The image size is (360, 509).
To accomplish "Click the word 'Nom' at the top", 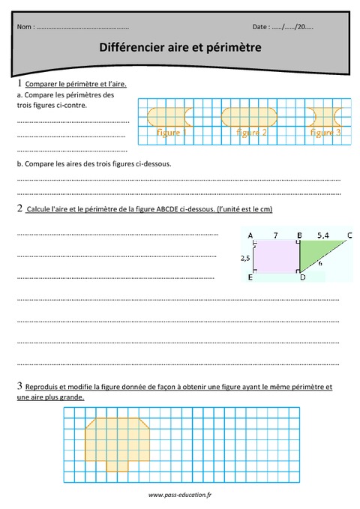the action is tap(24, 27).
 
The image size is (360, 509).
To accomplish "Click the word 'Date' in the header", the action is tap(262, 27).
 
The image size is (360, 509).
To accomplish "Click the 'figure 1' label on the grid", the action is tap(172, 133).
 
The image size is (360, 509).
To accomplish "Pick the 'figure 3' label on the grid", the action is tap(325, 133).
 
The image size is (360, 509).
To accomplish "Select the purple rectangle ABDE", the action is tap(276, 257).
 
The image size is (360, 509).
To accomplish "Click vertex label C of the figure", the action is tap(350, 235).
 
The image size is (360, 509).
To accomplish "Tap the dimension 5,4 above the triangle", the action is tap(323, 235).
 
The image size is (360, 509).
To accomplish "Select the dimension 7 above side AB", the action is tap(275, 235).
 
